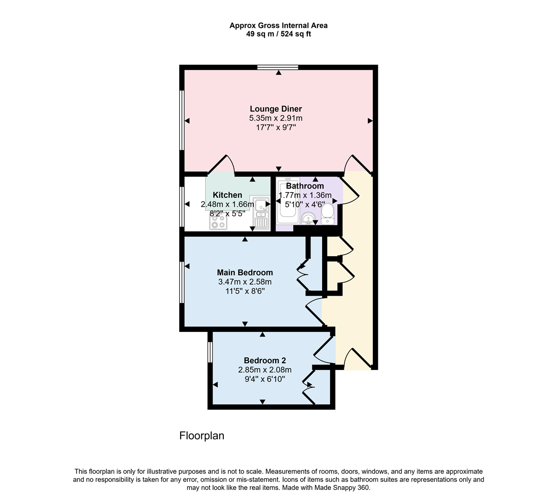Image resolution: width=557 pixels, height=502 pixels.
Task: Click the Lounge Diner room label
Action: pyautogui.click(x=276, y=109)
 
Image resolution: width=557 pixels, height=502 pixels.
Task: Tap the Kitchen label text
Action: pyautogui.click(x=227, y=195)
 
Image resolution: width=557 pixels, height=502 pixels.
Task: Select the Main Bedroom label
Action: pyautogui.click(x=245, y=272)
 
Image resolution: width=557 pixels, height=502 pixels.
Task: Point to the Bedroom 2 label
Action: pyautogui.click(x=265, y=360)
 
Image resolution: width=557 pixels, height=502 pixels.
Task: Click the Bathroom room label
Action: pyautogui.click(x=305, y=186)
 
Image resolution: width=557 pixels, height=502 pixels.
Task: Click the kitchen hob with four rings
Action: pyautogui.click(x=218, y=223)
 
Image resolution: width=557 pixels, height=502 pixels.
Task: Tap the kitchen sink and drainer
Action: pyautogui.click(x=261, y=212)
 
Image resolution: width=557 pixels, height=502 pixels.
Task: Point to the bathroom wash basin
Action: pyautogui.click(x=307, y=218)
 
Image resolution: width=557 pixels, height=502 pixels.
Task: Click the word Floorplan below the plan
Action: pyautogui.click(x=201, y=436)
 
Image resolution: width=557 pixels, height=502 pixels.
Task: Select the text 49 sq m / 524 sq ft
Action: pyautogui.click(x=278, y=34)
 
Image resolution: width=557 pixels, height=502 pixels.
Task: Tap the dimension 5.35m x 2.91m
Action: pyautogui.click(x=276, y=118)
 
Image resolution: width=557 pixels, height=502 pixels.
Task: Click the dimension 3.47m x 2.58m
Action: pyautogui.click(x=245, y=282)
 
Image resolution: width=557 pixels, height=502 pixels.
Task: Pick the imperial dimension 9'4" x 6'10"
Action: pyautogui.click(x=265, y=379)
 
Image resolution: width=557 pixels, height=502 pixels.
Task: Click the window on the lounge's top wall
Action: pyautogui.click(x=278, y=67)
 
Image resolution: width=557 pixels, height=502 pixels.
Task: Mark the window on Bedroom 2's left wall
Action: pyautogui.click(x=210, y=352)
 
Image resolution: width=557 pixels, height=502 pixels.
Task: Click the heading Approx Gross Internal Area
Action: pyautogui.click(x=278, y=26)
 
